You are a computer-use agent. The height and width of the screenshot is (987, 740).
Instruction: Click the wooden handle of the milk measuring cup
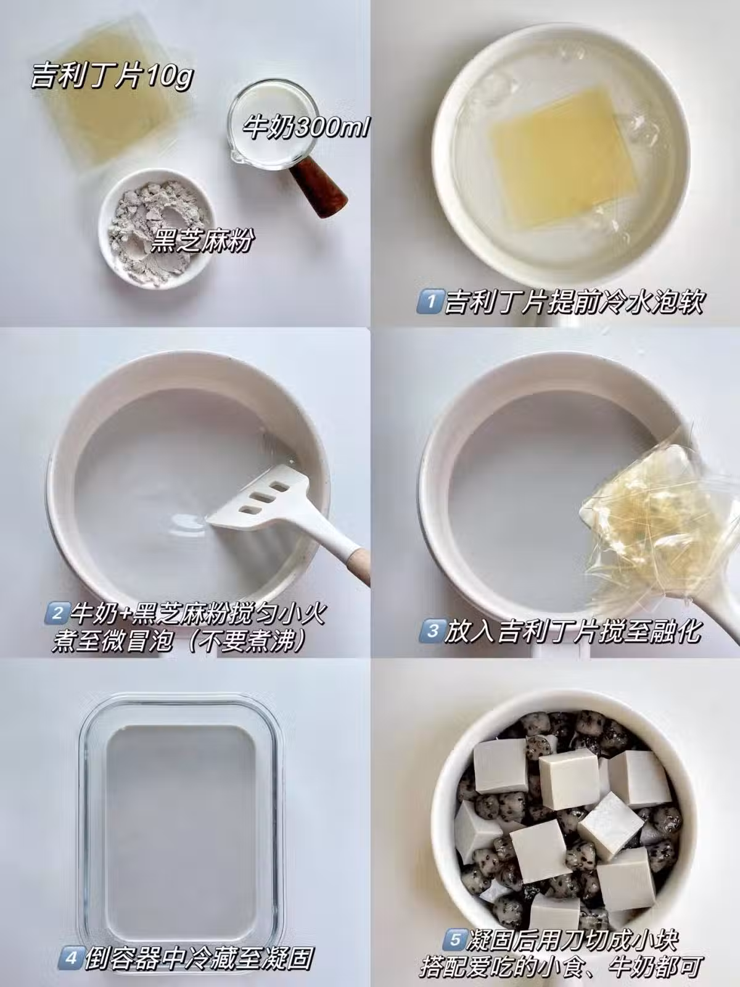point(320,191)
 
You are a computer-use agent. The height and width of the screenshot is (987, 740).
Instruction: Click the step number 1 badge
point(430,302)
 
